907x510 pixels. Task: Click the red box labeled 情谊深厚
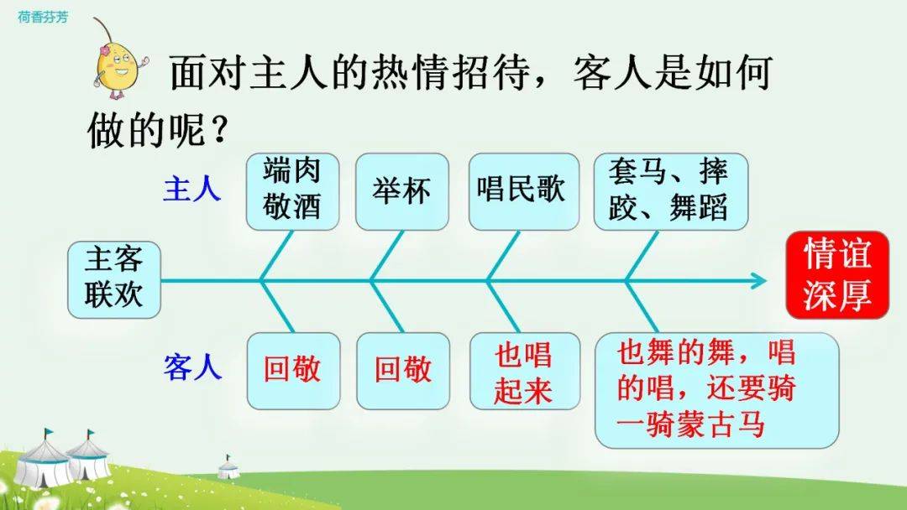pos(837,275)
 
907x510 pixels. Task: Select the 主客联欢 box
pos(114,279)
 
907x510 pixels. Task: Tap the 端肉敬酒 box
pos(292,191)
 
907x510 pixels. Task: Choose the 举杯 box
pos(402,191)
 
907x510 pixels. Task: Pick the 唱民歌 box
pos(523,191)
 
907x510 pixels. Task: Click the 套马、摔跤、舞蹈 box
pos(671,191)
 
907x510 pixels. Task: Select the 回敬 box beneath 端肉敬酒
pos(293,371)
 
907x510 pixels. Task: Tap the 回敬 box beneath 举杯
pos(403,371)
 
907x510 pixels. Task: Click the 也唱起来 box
pos(525,371)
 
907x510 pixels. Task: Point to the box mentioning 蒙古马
pos(716,390)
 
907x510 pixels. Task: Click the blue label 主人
pos(192,189)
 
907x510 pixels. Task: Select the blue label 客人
pos(192,367)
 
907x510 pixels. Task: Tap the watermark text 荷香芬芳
pos(43,17)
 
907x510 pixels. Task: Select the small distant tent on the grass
pos(228,467)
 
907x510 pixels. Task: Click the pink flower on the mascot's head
pos(105,51)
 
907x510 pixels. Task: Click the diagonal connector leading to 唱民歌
pos(504,256)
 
